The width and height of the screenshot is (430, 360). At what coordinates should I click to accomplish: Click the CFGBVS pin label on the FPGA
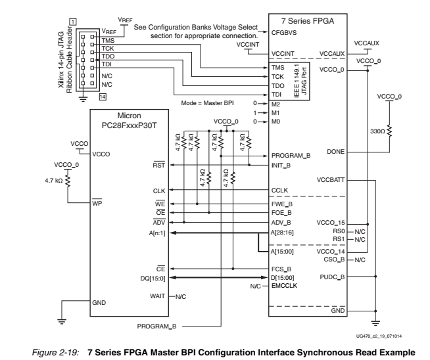pyautogui.click(x=283, y=32)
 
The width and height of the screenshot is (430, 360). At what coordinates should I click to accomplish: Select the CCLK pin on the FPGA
pyautogui.click(x=279, y=190)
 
